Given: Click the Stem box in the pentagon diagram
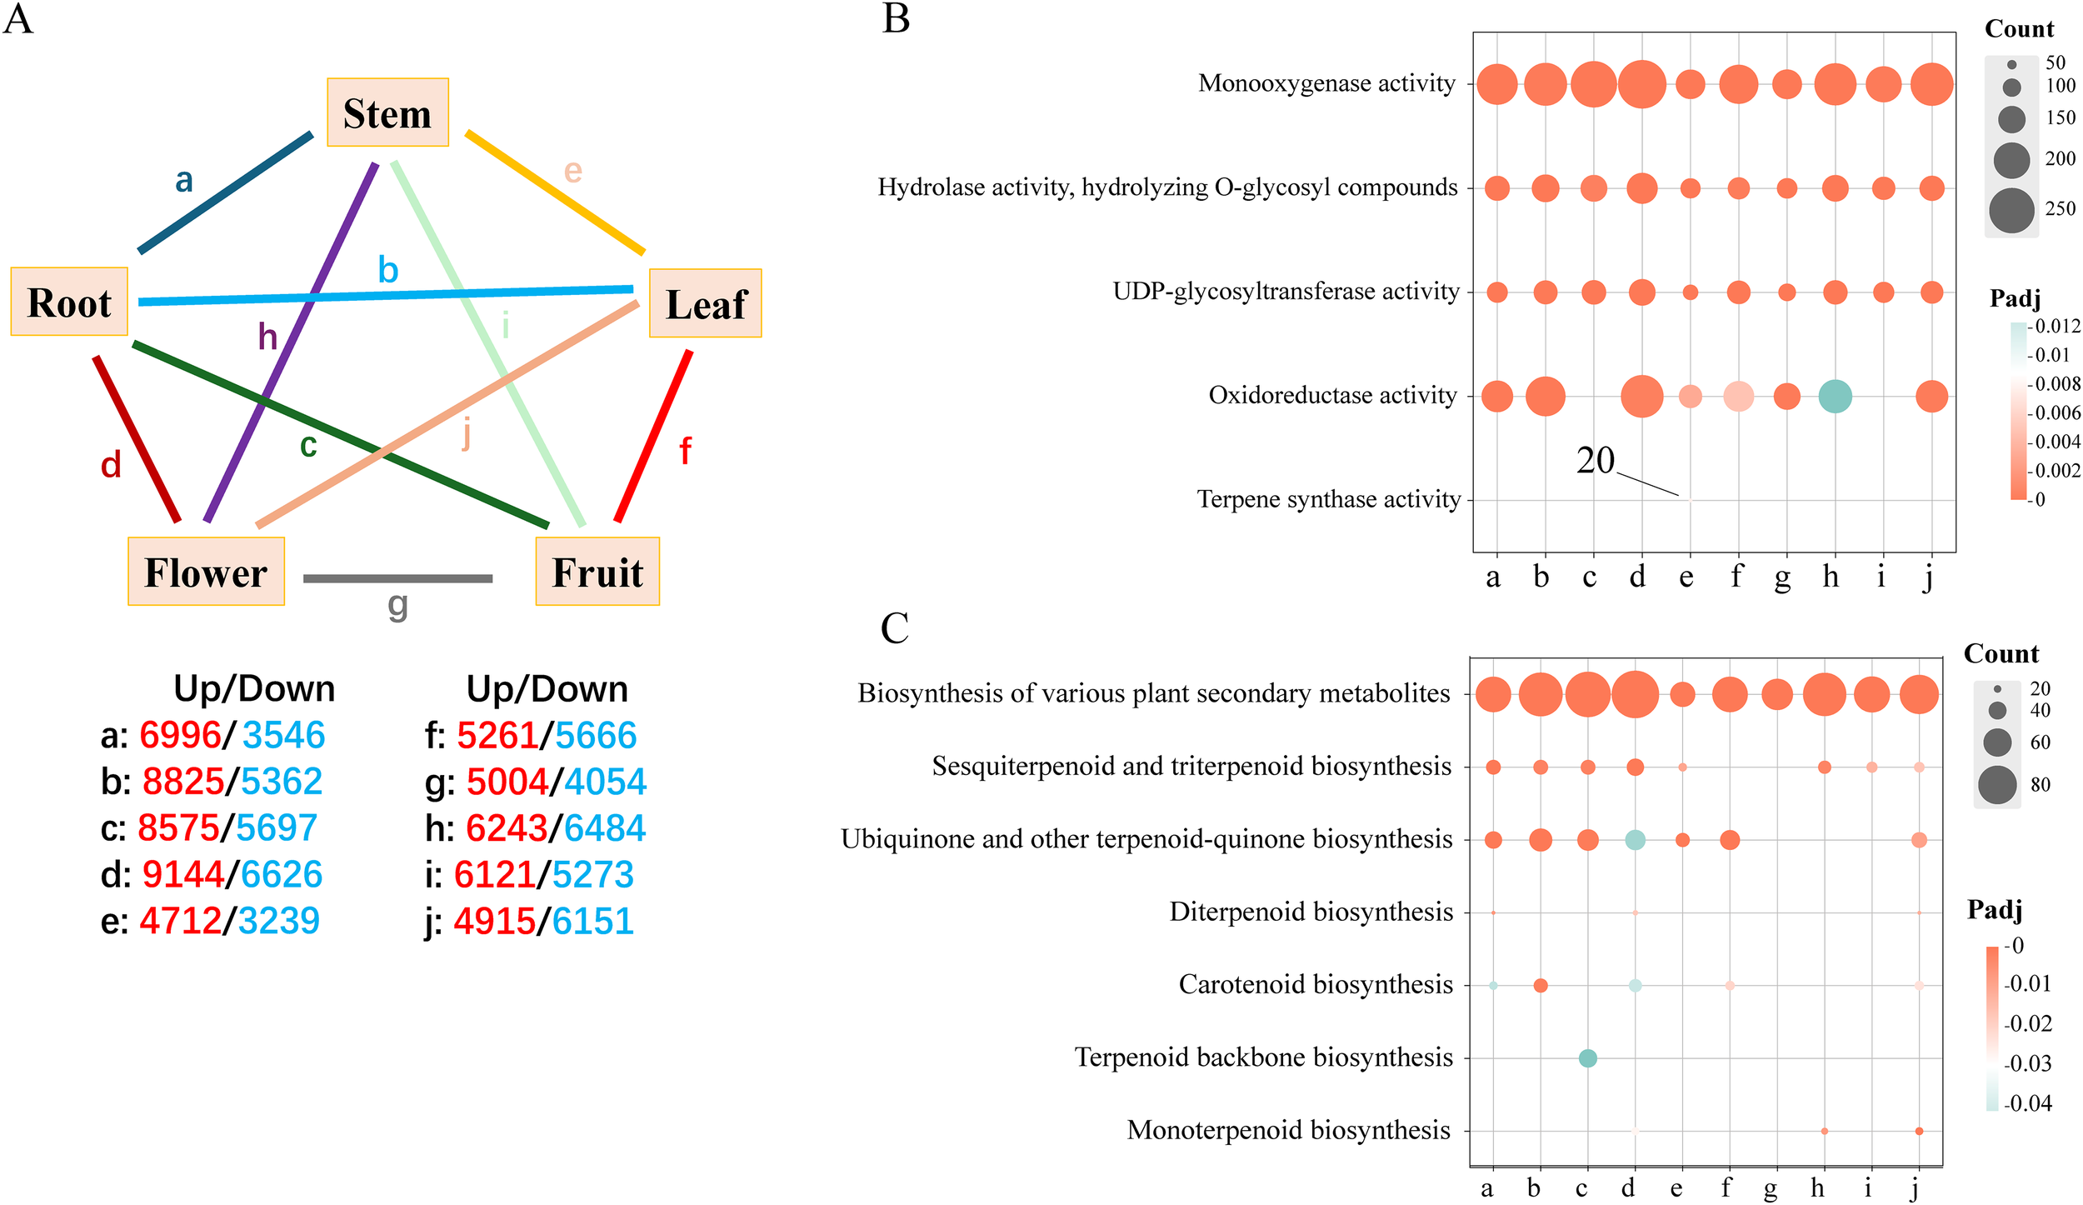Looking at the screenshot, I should tap(387, 112).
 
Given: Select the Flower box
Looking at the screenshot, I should tap(206, 572).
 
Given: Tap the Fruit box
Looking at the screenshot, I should tap(597, 572).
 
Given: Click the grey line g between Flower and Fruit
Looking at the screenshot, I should tap(397, 578).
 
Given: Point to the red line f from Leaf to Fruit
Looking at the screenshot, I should tap(653, 436).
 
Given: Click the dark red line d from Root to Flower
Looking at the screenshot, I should tap(137, 439).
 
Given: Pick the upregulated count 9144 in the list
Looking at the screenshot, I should tap(182, 874).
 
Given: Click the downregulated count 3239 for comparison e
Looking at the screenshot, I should tap(278, 921).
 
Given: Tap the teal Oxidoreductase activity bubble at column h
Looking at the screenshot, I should tap(1835, 396).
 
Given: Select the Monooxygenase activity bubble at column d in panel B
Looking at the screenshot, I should tap(1641, 84).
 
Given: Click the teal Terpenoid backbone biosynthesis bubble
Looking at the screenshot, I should tap(1587, 1058).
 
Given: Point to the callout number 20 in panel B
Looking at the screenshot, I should tap(1595, 460).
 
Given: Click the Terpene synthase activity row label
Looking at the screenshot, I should tap(1328, 499).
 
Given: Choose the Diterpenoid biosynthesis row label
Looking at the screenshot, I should tap(1311, 912).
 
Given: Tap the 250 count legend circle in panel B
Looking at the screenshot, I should tap(2011, 210).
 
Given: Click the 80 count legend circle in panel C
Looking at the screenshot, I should tap(1997, 785).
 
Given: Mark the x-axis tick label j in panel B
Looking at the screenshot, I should tap(1929, 577).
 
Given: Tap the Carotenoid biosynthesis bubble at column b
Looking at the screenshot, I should tap(1541, 986).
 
